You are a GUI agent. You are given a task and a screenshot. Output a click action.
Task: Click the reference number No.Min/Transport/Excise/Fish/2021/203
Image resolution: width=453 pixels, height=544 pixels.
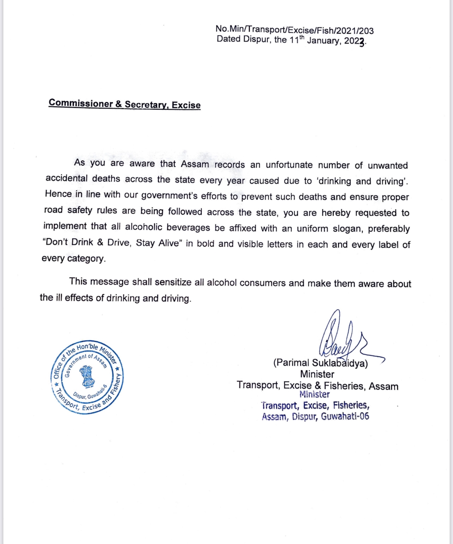point(294,30)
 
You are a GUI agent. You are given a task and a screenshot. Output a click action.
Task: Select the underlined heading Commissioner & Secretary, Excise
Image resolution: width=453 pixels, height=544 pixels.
point(125,104)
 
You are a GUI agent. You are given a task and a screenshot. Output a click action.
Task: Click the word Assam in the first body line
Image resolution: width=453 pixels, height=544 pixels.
point(195,164)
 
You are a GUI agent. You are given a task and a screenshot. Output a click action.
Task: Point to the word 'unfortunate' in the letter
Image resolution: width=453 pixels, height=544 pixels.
point(289,165)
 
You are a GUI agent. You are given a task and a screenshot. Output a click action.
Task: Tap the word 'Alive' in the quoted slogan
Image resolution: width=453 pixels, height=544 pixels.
point(169,243)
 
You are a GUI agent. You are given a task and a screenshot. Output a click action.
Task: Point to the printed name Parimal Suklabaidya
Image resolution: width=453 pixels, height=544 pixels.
point(320,363)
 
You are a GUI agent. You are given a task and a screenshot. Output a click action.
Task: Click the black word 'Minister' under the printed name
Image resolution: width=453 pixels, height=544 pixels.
point(317,374)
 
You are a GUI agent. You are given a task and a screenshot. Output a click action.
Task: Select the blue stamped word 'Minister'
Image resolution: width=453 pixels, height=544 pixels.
point(314,395)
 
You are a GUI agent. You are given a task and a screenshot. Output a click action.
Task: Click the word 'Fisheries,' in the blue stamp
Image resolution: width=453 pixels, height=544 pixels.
point(351,406)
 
